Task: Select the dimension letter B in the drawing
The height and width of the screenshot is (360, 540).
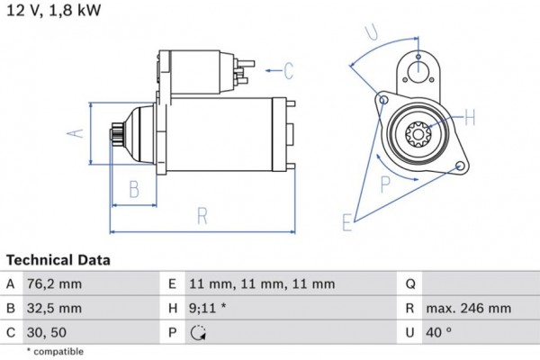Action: coord(133,189)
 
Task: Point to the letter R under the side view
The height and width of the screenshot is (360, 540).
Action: coord(202,215)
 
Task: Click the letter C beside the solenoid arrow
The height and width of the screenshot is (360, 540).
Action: coord(289,69)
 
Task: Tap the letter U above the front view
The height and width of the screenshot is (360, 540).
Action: coord(373,34)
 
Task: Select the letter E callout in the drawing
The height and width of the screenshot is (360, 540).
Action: coord(346,221)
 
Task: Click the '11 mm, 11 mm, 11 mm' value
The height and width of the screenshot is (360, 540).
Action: coord(262,283)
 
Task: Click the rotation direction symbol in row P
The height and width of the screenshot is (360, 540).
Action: coord(198,333)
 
